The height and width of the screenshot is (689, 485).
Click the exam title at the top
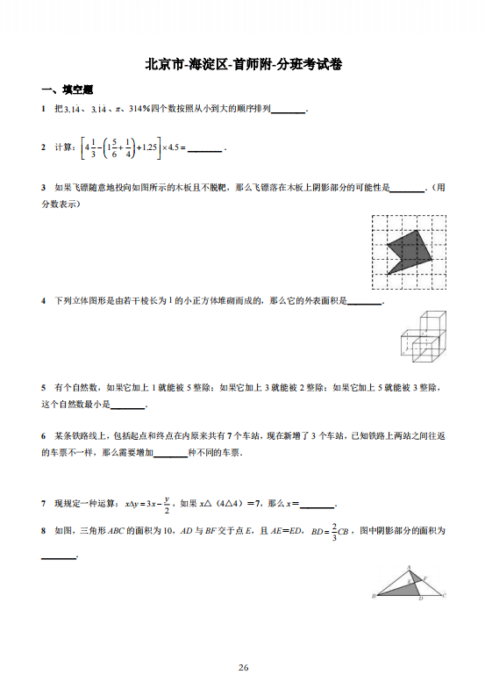[243, 64]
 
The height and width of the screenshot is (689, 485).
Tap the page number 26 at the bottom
[243, 668]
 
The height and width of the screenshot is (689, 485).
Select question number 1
[43, 109]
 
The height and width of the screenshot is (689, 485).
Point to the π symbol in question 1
[118, 110]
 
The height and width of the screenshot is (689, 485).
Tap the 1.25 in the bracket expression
[146, 147]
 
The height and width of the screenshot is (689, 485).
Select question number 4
[43, 301]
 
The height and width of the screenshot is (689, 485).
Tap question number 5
[43, 387]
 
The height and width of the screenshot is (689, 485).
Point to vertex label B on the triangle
[374, 596]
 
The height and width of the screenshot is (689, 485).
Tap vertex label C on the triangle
[445, 596]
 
